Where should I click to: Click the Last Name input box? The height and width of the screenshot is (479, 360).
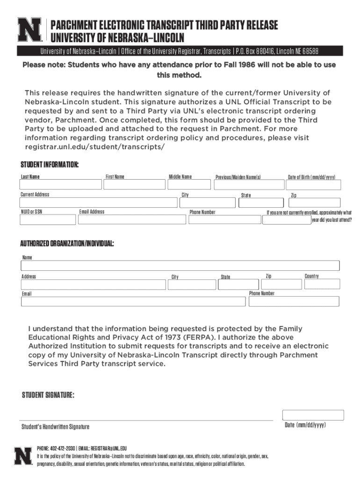[60, 185]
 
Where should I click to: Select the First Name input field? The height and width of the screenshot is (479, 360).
[133, 185]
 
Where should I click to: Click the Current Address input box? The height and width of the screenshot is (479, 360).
[98, 203]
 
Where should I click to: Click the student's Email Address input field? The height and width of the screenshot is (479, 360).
[132, 220]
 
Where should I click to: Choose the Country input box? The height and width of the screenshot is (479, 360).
[322, 284]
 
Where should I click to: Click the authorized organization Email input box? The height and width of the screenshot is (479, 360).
[133, 301]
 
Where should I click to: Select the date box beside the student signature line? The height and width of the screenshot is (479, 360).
[313, 415]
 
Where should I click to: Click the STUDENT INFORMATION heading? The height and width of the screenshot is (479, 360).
[49, 165]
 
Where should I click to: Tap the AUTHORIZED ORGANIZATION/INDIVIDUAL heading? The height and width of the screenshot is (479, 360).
[66, 244]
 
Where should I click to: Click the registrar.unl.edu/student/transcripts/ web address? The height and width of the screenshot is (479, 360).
[94, 147]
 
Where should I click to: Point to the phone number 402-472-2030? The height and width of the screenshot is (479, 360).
[63, 448]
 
